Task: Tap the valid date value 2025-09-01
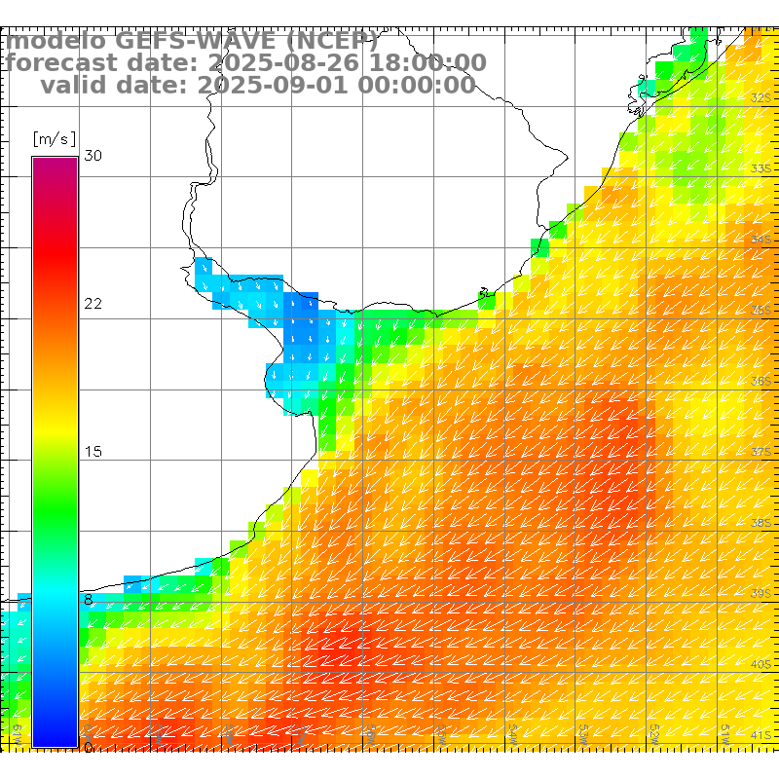(275, 85)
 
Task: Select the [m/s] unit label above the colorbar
(54, 139)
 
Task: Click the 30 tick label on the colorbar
(93, 156)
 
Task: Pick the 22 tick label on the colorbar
(93, 304)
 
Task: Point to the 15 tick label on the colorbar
(93, 452)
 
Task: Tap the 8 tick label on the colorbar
(89, 600)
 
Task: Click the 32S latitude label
(761, 97)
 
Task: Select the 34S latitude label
(761, 239)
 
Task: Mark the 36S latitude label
(761, 380)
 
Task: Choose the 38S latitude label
(761, 522)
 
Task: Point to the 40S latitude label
(761, 664)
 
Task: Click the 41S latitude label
(761, 734)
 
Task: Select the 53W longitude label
(585, 731)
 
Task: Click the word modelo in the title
(56, 42)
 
